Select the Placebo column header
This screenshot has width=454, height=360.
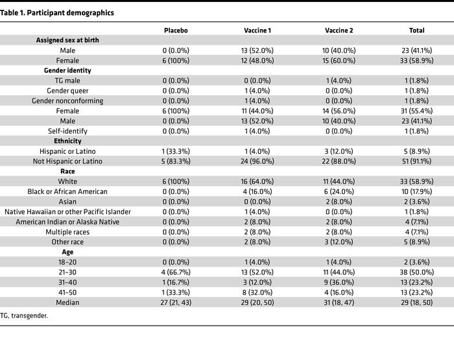175,30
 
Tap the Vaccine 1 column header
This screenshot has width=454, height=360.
257,30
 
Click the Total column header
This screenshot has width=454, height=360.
417,30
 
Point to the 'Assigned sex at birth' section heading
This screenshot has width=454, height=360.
67,40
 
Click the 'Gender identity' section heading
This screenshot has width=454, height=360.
67,70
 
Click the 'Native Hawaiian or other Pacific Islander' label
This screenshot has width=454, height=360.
67,211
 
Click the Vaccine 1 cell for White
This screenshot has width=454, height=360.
257,181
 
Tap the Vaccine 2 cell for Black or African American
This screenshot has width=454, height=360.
338,191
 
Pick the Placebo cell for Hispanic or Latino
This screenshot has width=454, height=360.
175,151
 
